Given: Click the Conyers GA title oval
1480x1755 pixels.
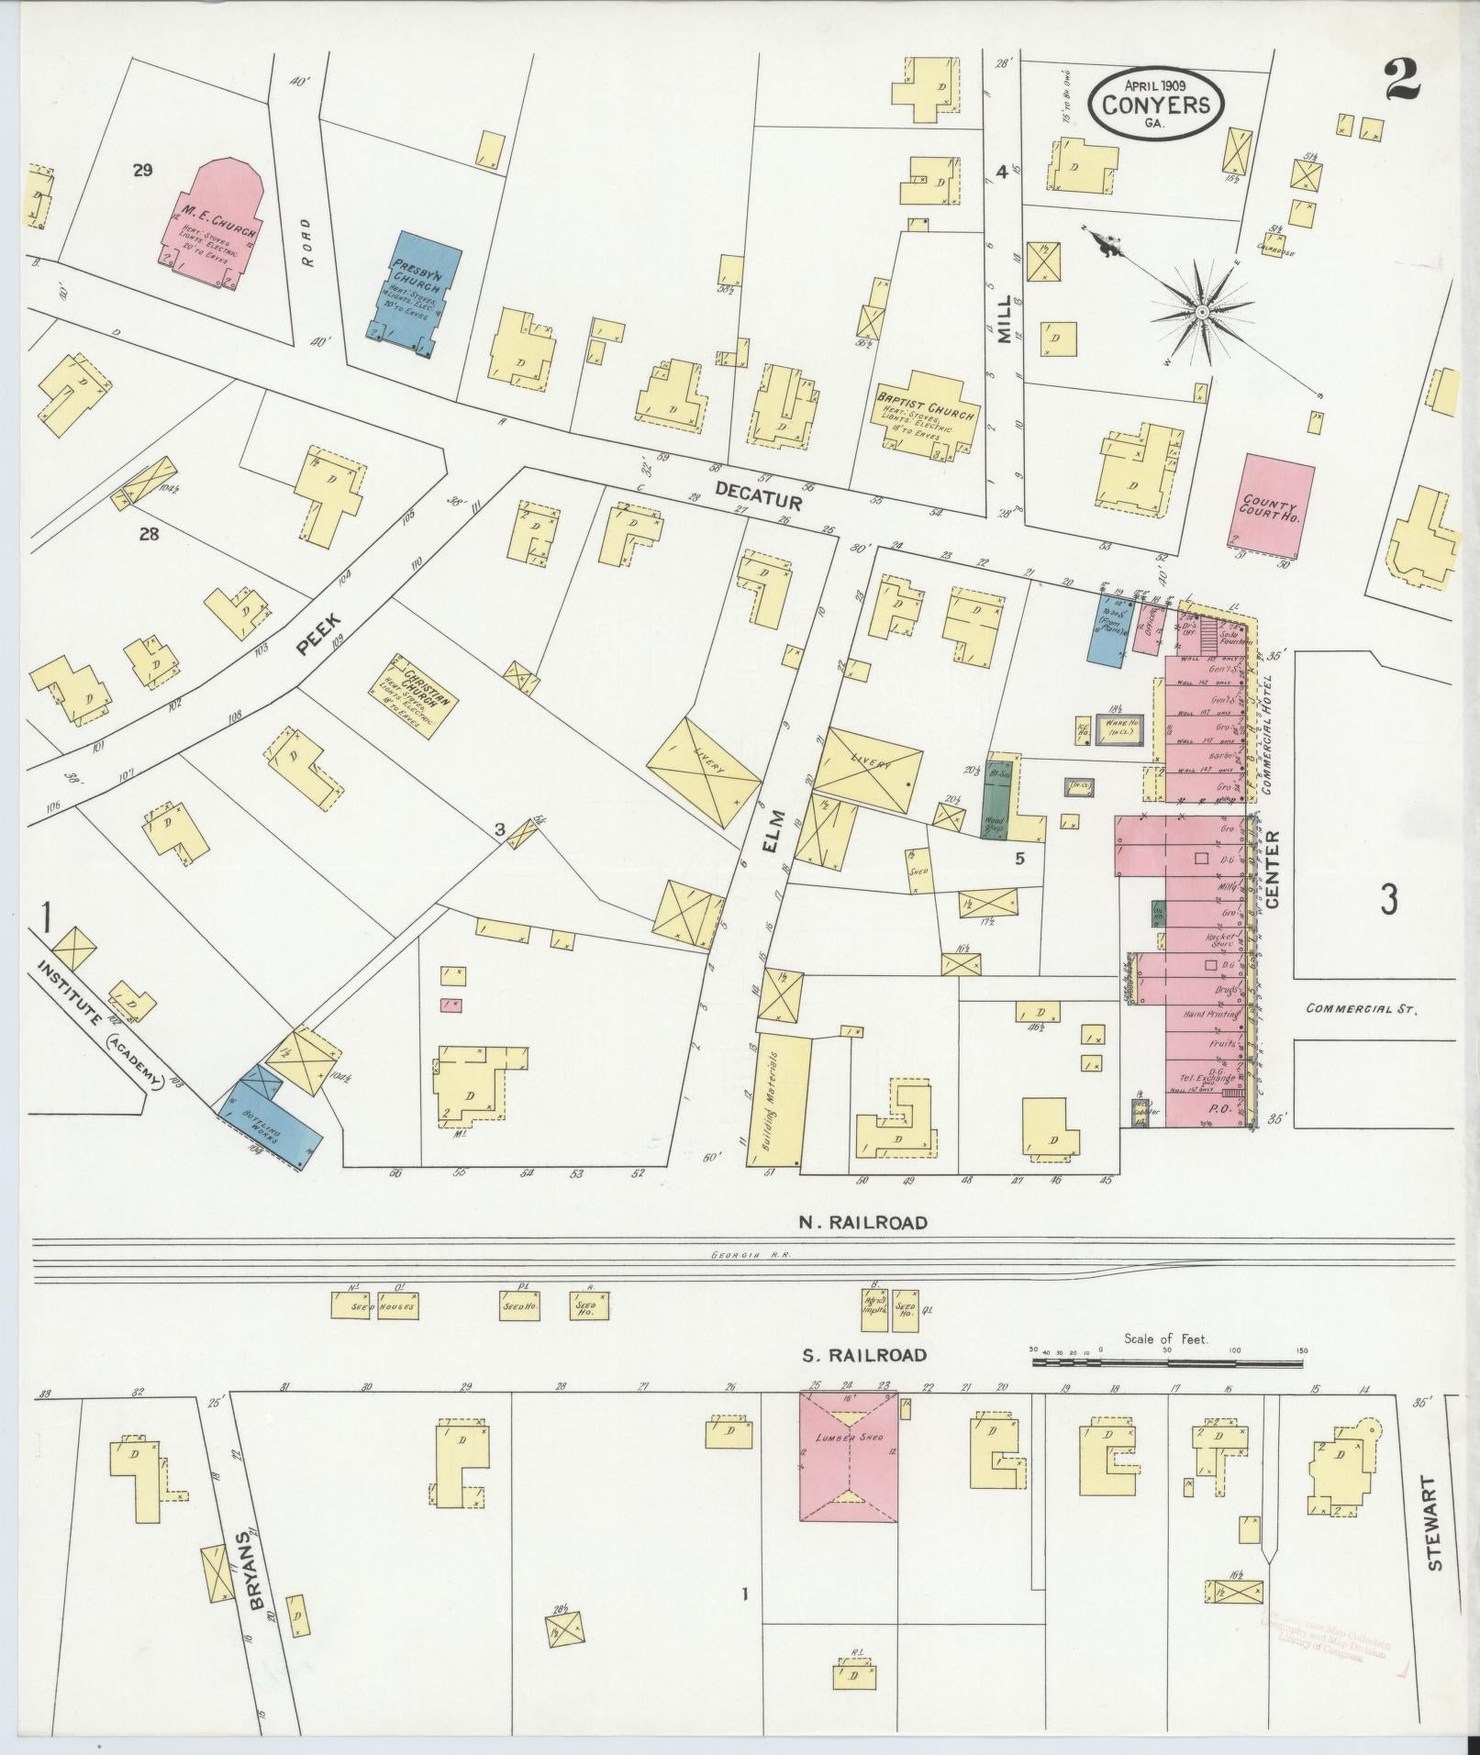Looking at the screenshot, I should [1156, 105].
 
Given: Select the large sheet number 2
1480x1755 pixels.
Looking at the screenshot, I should [1403, 82].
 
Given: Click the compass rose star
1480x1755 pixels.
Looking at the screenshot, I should [1199, 313].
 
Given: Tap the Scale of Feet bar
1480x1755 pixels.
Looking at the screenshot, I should [1167, 1364].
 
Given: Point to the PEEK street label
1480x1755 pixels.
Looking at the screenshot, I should [314, 639].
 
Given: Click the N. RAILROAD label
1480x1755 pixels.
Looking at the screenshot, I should [862, 1222].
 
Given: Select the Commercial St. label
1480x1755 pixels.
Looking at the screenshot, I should [1363, 1008].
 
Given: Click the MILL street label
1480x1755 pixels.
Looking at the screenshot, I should [1005, 318].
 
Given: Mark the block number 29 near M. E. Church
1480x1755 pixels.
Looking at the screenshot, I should [141, 170].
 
